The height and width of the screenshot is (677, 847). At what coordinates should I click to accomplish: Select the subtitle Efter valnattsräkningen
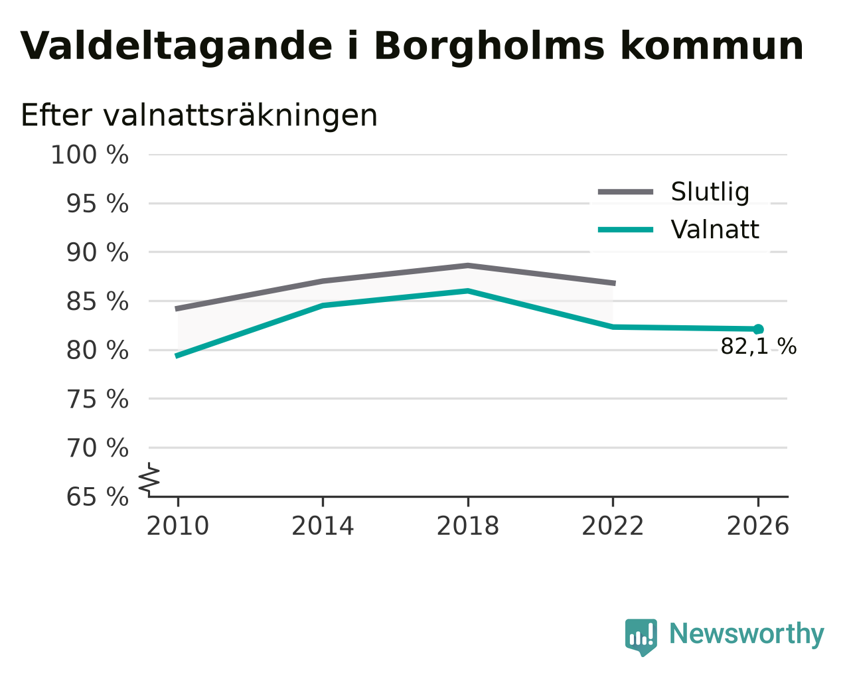click(198, 115)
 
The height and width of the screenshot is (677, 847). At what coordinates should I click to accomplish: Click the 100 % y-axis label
click(90, 155)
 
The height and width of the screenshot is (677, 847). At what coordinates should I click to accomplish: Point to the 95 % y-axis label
click(97, 204)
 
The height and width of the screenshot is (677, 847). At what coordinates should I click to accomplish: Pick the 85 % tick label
click(97, 301)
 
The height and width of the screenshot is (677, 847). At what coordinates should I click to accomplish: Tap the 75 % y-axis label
click(97, 399)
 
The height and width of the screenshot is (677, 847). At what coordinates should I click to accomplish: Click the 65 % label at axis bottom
click(97, 496)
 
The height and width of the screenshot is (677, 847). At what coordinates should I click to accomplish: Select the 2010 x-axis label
click(178, 526)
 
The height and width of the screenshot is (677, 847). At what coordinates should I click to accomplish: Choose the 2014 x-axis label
click(323, 526)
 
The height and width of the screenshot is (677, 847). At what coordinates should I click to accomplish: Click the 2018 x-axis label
click(468, 526)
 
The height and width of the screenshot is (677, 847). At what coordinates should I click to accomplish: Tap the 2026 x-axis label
click(758, 526)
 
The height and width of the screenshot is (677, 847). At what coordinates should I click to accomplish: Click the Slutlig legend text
click(710, 192)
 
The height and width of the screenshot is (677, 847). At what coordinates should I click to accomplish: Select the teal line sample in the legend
click(625, 230)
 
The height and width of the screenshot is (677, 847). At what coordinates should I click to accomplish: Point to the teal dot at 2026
click(758, 329)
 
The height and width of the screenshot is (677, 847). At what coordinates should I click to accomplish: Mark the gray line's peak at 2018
click(468, 265)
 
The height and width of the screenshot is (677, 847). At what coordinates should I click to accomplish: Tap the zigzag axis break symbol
click(149, 479)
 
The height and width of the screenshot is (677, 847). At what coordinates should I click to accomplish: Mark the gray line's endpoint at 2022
click(614, 283)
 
